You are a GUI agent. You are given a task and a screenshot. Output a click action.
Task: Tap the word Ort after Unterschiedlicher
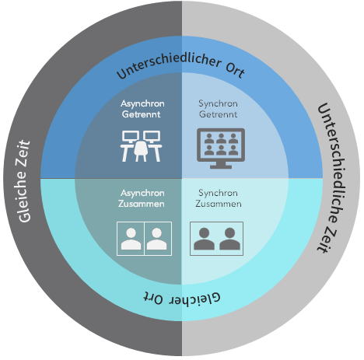pos(236,70)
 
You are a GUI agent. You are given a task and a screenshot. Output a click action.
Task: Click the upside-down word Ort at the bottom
pos(154,298)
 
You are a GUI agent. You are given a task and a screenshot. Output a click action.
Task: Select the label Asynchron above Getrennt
pos(142,104)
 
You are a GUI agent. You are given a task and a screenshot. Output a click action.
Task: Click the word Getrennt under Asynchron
pos(142,114)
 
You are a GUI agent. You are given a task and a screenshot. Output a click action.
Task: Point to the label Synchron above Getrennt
pos(218,104)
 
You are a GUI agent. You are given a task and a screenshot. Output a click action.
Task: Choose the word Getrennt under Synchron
pos(218,114)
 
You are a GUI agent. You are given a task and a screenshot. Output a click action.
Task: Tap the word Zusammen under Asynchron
pos(142,204)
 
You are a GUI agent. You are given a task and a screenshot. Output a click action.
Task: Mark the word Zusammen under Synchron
pos(219,204)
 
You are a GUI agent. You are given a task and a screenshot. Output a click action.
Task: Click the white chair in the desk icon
pos(141,151)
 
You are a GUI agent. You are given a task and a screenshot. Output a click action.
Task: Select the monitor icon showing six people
pos(221,149)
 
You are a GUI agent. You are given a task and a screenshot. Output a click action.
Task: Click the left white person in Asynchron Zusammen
pos(131,239)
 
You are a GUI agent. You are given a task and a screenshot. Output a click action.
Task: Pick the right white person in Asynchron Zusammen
pos(157,239)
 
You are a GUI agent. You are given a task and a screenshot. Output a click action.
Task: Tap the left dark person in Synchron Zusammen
pos(204,239)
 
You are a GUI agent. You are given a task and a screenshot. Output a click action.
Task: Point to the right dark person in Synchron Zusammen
pos(229,239)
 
